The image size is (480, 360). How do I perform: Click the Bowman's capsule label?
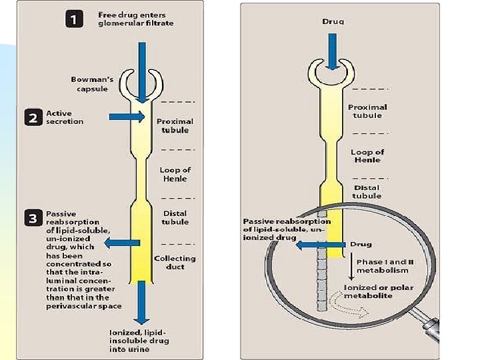[92, 84]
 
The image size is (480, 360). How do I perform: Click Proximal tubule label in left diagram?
[175, 126]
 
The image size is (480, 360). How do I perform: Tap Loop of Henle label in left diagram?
[176, 174]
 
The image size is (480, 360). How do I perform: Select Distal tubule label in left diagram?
[175, 217]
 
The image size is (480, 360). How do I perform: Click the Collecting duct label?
[175, 263]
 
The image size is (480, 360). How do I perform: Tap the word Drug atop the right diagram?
[333, 21]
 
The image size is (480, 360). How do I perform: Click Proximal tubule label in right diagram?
[367, 111]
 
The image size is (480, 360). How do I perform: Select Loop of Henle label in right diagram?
[367, 156]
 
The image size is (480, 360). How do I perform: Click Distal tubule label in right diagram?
[367, 191]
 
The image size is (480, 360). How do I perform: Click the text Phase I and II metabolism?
[385, 266]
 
